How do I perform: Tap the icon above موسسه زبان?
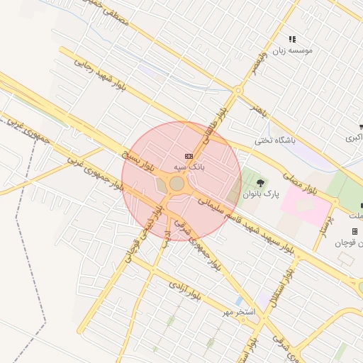click(x=292, y=39)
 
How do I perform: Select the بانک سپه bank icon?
click(x=189, y=156)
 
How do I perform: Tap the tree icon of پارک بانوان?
click(x=261, y=182)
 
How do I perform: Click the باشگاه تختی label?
click(x=274, y=140)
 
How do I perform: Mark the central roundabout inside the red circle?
click(x=177, y=184)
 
